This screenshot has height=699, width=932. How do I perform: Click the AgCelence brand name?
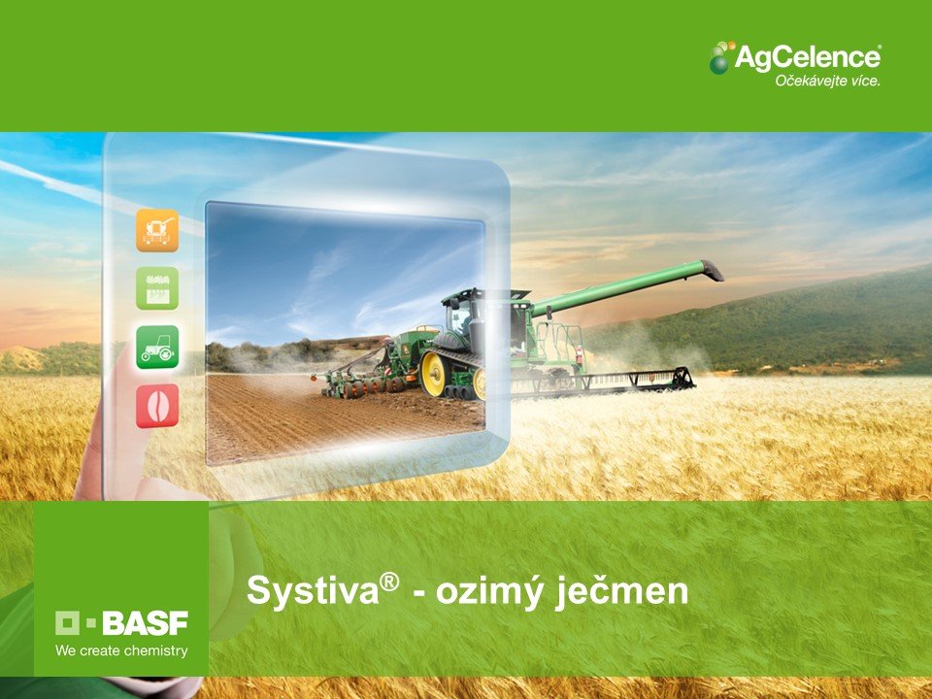[808, 58]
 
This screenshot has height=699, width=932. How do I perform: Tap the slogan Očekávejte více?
[827, 81]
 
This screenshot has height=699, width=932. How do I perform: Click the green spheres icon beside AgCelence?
[721, 57]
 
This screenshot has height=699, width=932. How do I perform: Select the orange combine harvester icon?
[157, 230]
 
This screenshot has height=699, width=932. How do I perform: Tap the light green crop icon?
[157, 288]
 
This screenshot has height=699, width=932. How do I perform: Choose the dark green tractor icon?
[157, 348]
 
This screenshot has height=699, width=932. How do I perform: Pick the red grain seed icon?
[157, 406]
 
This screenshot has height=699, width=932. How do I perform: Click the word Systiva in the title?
[313, 591]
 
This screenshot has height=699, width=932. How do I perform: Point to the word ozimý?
[489, 592]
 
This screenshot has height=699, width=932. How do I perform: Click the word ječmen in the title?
[622, 592]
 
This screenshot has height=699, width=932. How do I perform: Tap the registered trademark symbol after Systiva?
[389, 582]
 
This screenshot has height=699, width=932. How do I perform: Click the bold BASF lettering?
[145, 623]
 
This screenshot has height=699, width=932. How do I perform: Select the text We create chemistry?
[122, 650]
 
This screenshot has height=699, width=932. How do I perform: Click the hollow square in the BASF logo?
[67, 623]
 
